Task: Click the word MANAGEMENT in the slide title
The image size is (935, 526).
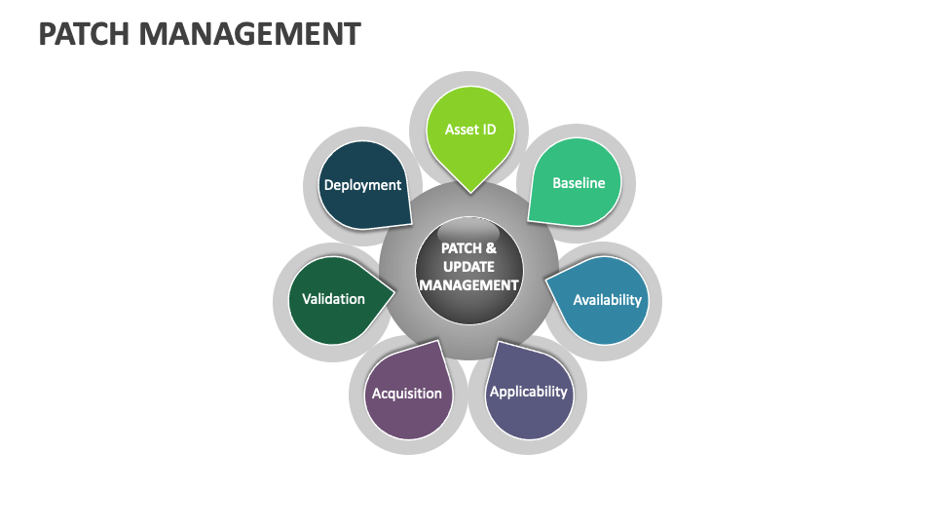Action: (249, 34)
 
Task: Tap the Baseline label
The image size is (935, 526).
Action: (579, 182)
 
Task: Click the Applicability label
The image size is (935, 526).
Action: (528, 391)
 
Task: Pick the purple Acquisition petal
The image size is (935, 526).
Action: (407, 394)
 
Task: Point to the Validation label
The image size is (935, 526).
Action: (333, 299)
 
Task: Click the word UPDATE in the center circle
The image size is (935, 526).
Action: (468, 266)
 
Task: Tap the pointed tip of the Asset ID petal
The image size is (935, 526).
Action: (470, 191)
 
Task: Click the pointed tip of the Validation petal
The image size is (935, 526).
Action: (393, 290)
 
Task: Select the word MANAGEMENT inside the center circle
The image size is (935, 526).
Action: (468, 284)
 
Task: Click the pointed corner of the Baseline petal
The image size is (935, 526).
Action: (529, 220)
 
